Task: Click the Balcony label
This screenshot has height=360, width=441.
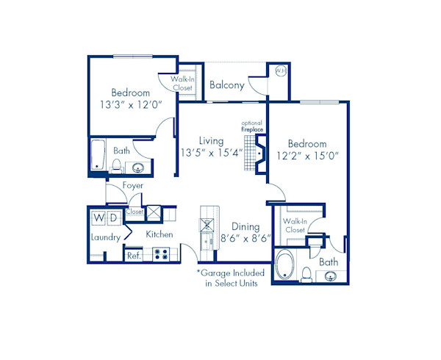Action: click(x=226, y=85)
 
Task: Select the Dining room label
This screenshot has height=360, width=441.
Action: click(x=245, y=226)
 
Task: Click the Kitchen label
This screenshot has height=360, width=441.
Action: click(x=159, y=234)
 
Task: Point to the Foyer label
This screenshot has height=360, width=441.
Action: click(x=132, y=186)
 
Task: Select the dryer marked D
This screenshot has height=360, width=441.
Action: click(x=113, y=218)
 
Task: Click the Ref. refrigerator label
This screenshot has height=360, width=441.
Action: click(x=133, y=256)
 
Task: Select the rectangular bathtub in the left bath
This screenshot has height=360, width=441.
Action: click(x=97, y=156)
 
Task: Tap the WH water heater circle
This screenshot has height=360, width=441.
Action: click(x=279, y=71)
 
